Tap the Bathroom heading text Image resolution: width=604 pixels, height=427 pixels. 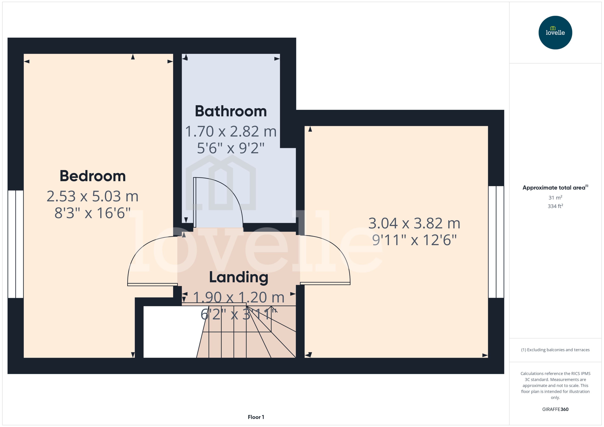[x=231, y=111]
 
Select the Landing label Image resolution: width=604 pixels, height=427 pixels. [x=238, y=277]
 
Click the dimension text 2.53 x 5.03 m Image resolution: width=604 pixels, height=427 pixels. [x=93, y=196]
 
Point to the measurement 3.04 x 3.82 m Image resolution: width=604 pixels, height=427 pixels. [x=414, y=223]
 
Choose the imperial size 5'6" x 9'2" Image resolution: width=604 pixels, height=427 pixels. [x=231, y=148]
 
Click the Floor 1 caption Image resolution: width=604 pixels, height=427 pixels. [x=256, y=417]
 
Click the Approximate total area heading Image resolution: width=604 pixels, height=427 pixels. [x=555, y=188]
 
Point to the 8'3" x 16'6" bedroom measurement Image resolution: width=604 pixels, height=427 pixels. [x=93, y=213]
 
